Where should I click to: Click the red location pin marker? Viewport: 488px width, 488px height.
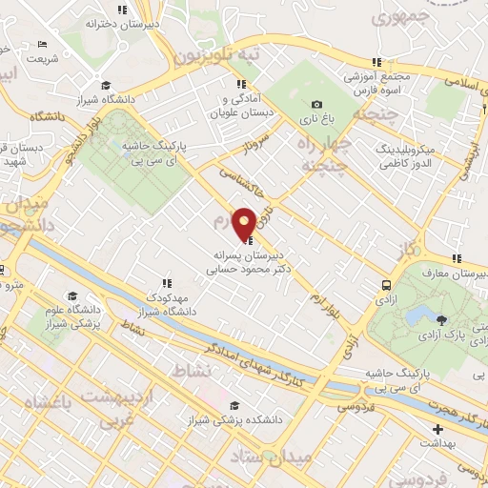[x=244, y=223]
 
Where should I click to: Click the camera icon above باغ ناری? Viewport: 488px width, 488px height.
[x=316, y=105]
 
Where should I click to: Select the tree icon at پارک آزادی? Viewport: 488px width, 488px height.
[x=440, y=320]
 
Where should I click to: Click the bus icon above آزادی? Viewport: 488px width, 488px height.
[x=385, y=285]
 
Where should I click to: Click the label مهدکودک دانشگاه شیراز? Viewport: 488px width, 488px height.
[x=169, y=304]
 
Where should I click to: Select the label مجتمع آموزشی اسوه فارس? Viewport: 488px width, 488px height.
[x=377, y=83]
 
